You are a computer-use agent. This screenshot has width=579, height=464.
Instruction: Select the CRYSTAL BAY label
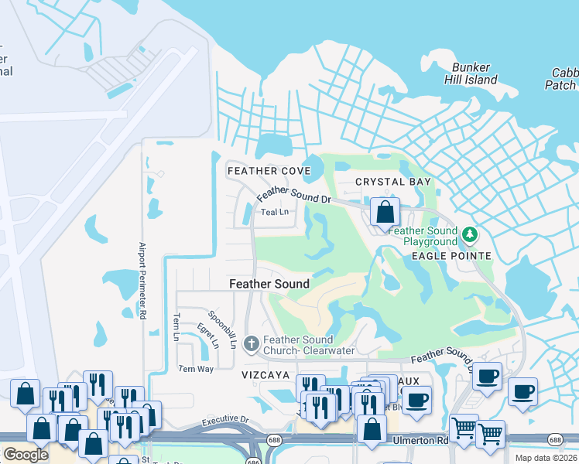coord(392,182)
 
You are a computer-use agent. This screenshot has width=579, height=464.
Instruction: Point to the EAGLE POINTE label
coord(451,256)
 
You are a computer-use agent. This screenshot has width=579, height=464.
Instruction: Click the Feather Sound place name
coord(269,284)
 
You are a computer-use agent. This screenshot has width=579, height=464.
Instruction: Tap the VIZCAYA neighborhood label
coord(266,375)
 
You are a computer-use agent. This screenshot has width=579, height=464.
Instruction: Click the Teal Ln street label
coord(274,212)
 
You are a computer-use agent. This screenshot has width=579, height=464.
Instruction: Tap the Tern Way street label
coord(196,369)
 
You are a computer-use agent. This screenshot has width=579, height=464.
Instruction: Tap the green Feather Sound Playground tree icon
coord(468,234)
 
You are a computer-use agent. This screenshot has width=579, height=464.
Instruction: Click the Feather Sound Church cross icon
coord(251,343)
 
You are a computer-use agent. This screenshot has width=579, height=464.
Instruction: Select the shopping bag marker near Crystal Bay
coord(384,211)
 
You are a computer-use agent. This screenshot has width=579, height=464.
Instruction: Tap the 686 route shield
coord(253,461)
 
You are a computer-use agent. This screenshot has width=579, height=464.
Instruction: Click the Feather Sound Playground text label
coord(423,236)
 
